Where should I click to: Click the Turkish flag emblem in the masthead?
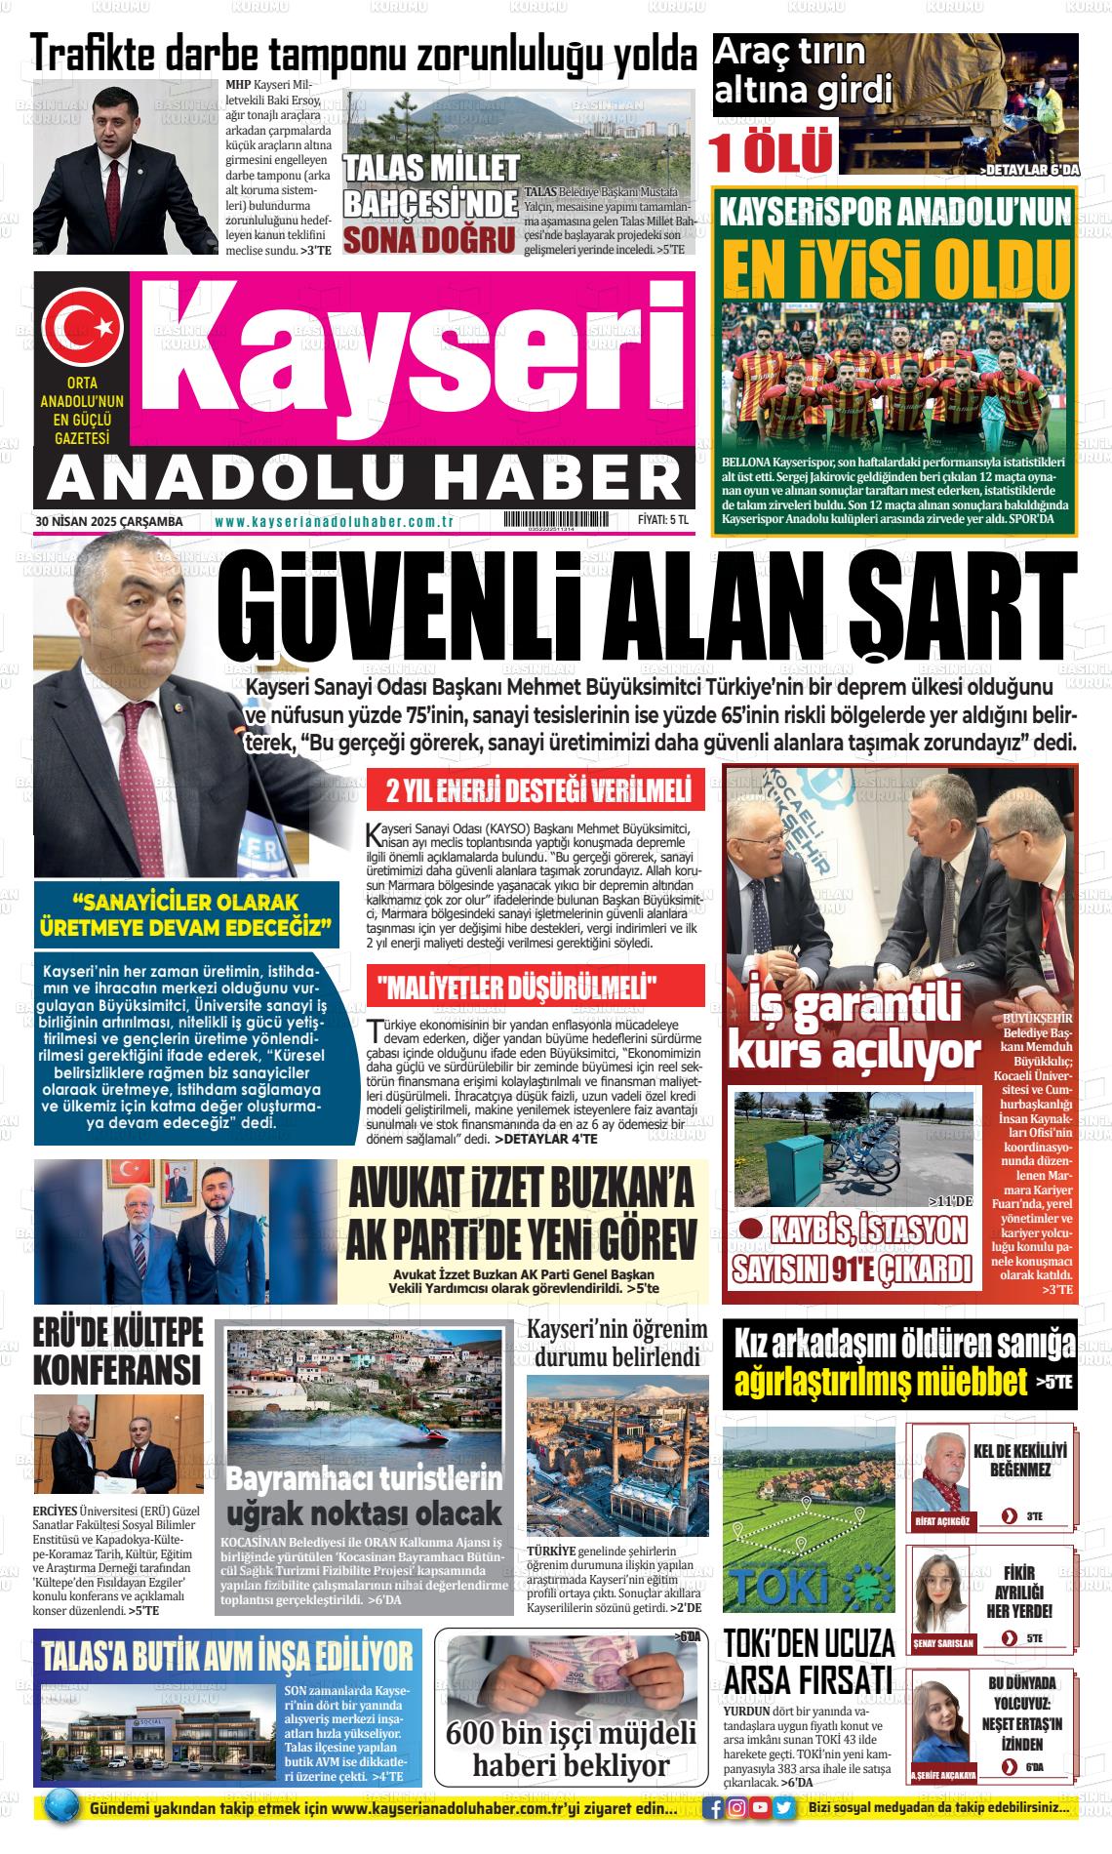(x=80, y=322)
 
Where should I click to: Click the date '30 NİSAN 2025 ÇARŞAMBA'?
(x=109, y=522)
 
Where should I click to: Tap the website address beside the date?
(x=335, y=522)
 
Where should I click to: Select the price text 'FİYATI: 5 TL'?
(x=663, y=522)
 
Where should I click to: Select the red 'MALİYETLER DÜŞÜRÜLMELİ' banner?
(x=535, y=987)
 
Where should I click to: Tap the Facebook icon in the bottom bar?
(x=717, y=1808)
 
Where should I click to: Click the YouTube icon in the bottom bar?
(x=761, y=1808)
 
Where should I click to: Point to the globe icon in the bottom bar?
(x=62, y=1808)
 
